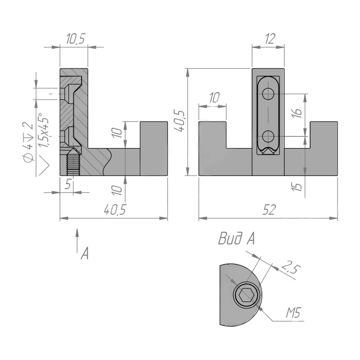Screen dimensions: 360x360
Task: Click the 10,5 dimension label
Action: coord(76,39)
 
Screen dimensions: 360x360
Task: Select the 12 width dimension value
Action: coord(270,39)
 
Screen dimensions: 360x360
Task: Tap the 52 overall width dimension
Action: coord(269,210)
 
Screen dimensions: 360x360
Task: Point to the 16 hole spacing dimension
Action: coord(297,113)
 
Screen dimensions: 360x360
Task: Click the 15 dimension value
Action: coord(297,187)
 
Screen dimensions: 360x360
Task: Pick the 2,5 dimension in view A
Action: coord(291,268)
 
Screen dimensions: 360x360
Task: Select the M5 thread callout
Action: coord(293,312)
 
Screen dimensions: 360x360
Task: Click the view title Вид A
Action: coord(236,239)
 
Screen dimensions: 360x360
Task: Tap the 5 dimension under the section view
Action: coord(67,184)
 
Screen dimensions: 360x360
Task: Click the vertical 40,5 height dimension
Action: coord(180,121)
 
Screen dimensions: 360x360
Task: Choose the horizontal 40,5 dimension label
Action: coord(115,210)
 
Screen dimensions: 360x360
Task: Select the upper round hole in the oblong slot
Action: coord(268,94)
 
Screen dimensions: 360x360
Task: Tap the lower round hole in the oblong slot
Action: coord(268,137)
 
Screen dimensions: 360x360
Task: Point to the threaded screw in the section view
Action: coord(73,162)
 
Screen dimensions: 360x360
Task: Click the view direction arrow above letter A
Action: coord(77,240)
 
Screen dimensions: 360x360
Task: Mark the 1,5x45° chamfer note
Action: coord(44,130)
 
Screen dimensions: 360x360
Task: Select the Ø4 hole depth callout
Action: coord(28,143)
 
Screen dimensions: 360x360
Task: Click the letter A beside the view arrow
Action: coord(85,253)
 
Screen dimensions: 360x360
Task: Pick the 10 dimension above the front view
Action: coord(215,98)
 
